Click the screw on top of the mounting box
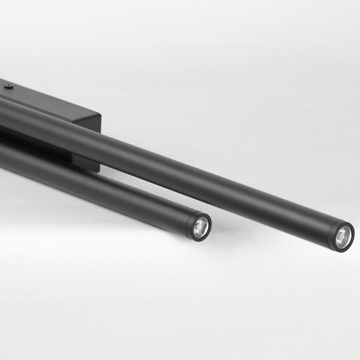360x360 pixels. pyautogui.click(x=9, y=86)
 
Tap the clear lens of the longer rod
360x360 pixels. pyautogui.click(x=343, y=238)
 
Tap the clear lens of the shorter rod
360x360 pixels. pyautogui.click(x=201, y=228)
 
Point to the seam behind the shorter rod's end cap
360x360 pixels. pyautogui.click(x=186, y=223)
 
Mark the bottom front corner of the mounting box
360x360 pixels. pyautogui.click(x=99, y=171)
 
